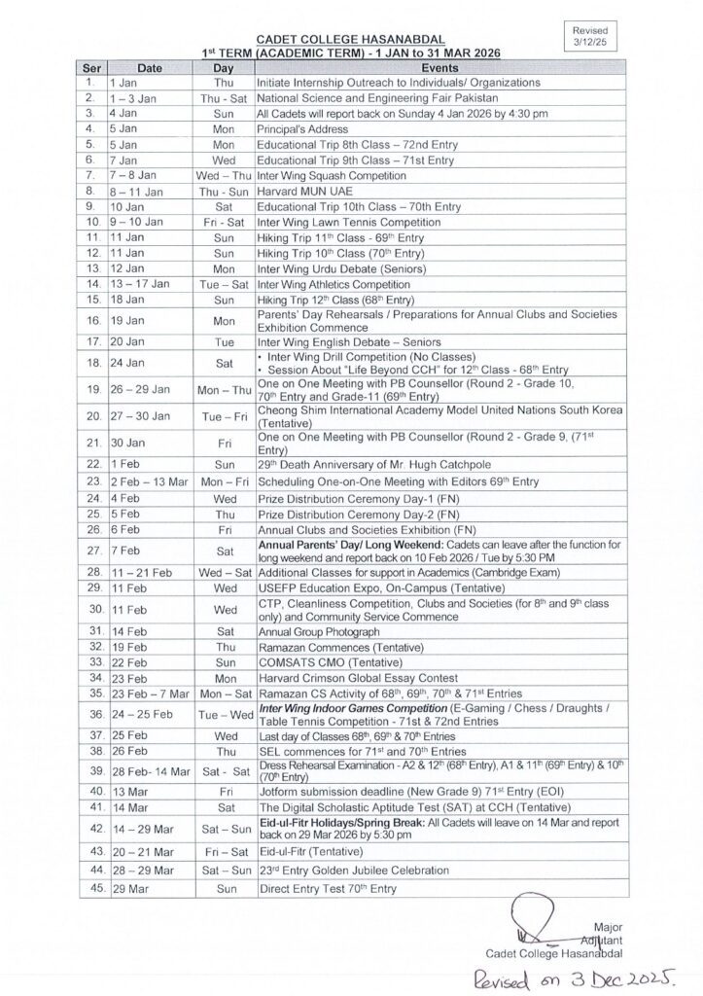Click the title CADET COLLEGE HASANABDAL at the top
(x=352, y=36)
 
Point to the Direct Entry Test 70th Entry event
(x=327, y=889)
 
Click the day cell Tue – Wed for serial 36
(x=224, y=714)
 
